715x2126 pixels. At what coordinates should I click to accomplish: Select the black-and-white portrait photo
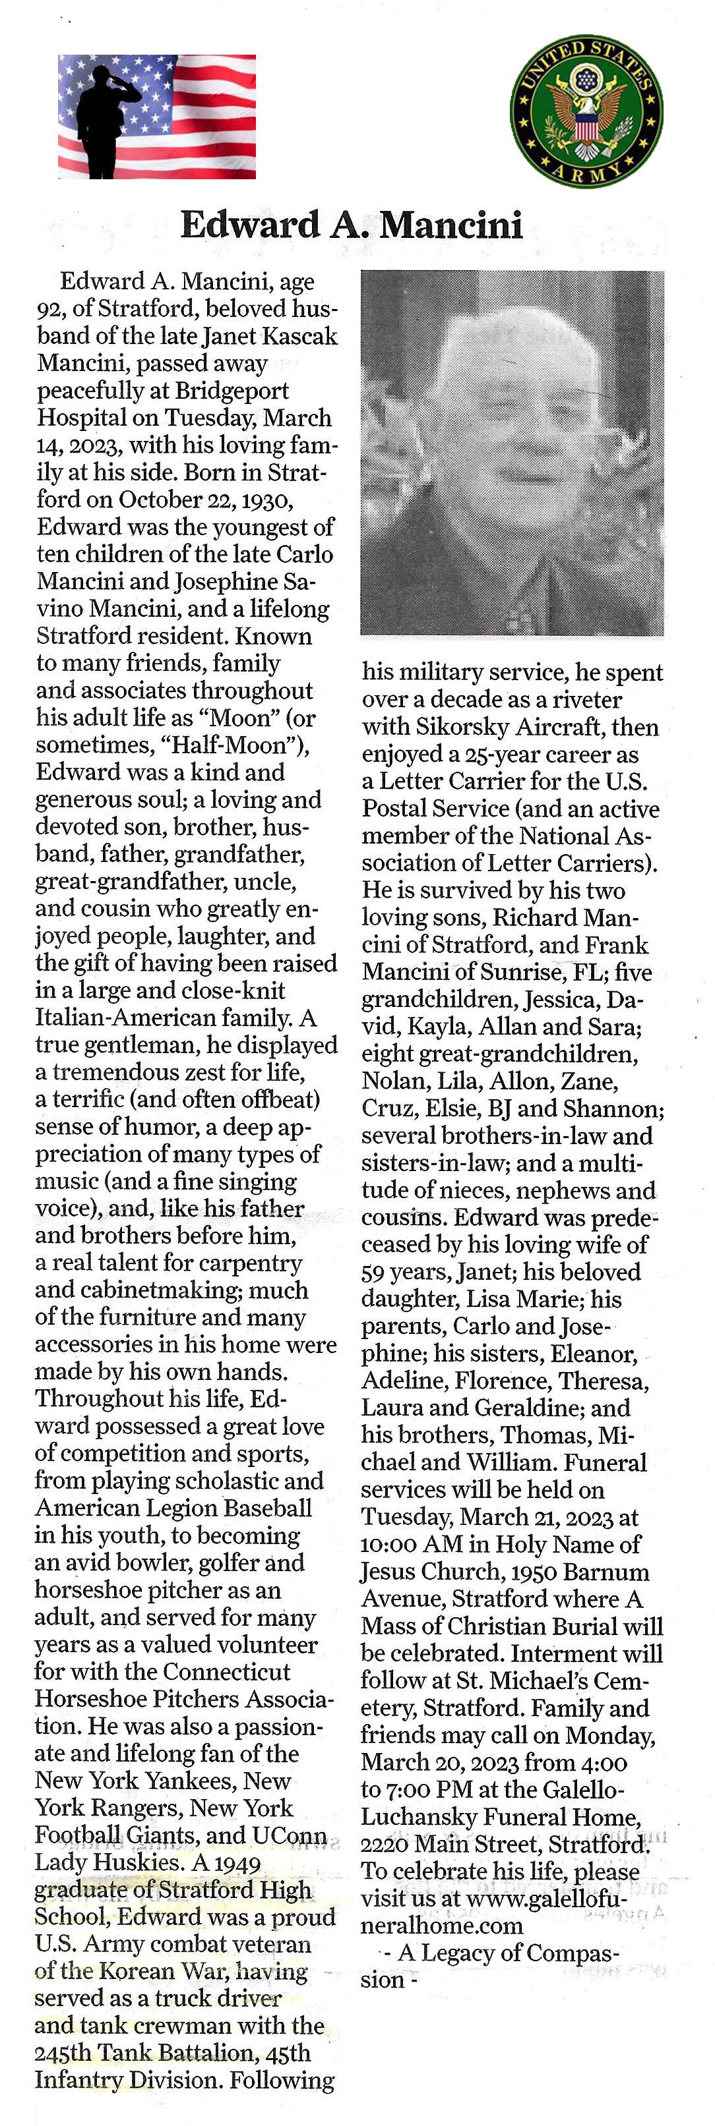tap(512, 452)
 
